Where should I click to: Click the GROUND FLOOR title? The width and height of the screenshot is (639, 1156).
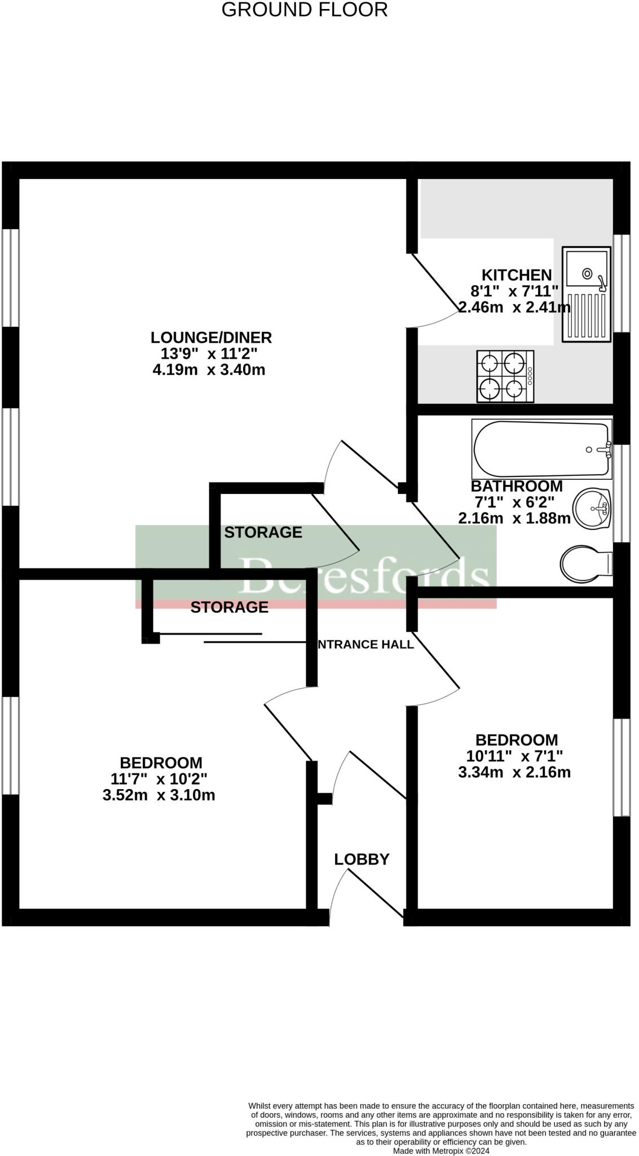[305, 10]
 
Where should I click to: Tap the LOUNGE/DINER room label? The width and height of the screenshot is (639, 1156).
[211, 338]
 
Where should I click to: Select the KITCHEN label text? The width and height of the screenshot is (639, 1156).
[516, 275]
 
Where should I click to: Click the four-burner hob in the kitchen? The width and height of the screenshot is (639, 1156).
[505, 376]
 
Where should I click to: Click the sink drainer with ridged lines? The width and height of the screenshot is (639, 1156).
[587, 317]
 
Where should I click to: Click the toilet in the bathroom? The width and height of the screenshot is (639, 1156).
[585, 563]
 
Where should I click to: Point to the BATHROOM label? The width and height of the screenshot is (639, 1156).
[516, 486]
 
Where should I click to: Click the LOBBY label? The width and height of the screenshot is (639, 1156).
[362, 859]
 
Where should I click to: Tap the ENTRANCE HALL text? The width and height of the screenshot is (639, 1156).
[365, 644]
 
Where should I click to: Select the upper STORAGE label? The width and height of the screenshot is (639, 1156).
[263, 532]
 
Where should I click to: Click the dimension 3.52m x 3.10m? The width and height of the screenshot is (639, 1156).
[158, 795]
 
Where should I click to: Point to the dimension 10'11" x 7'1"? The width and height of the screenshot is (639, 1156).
[514, 756]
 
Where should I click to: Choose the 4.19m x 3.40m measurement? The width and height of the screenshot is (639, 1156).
[209, 370]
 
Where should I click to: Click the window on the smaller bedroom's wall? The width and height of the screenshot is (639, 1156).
[621, 767]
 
